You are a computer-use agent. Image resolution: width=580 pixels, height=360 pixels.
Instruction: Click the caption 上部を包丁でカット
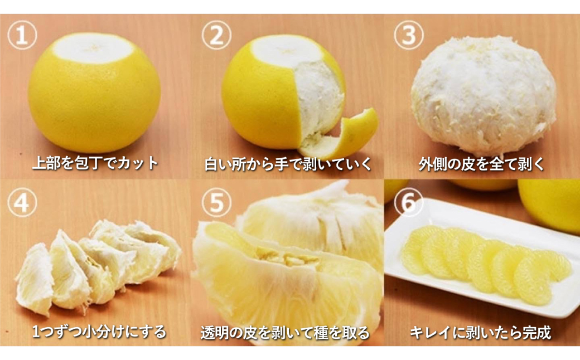pos(95,164)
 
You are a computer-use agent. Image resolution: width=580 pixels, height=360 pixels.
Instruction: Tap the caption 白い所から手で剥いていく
pos(287,164)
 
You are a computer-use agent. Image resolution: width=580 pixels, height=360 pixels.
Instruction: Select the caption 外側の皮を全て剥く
pos(481,164)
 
